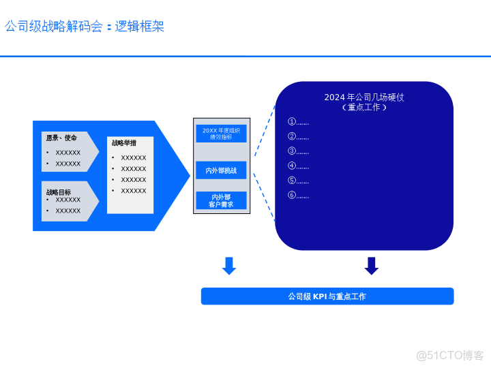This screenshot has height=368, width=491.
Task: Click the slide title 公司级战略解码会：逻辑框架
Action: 85,27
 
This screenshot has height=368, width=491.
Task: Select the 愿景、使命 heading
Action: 61,138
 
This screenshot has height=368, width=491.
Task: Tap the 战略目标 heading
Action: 59,192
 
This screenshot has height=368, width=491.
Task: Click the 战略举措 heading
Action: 124,143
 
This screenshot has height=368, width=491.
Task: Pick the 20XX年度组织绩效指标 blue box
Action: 221,133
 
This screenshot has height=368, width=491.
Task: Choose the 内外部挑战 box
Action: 221,170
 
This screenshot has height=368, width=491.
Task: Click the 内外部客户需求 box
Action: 221,200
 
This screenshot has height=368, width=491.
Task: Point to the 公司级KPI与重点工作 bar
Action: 327,296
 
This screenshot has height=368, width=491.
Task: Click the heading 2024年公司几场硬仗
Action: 364,97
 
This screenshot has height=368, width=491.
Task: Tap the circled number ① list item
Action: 298,122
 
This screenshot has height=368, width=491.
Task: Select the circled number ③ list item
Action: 298,151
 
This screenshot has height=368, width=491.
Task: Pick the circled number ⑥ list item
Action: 298,196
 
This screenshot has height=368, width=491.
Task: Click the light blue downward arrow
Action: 229,266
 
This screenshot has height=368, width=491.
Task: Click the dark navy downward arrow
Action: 372,266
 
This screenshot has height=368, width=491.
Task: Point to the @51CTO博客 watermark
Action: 450,355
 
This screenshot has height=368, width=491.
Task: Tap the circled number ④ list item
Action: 298,166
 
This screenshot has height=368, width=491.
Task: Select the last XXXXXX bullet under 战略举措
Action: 133,191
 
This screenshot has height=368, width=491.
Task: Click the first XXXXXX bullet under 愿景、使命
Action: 68,153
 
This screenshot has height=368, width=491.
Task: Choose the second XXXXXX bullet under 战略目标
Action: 68,211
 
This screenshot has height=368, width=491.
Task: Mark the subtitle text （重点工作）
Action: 364,108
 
